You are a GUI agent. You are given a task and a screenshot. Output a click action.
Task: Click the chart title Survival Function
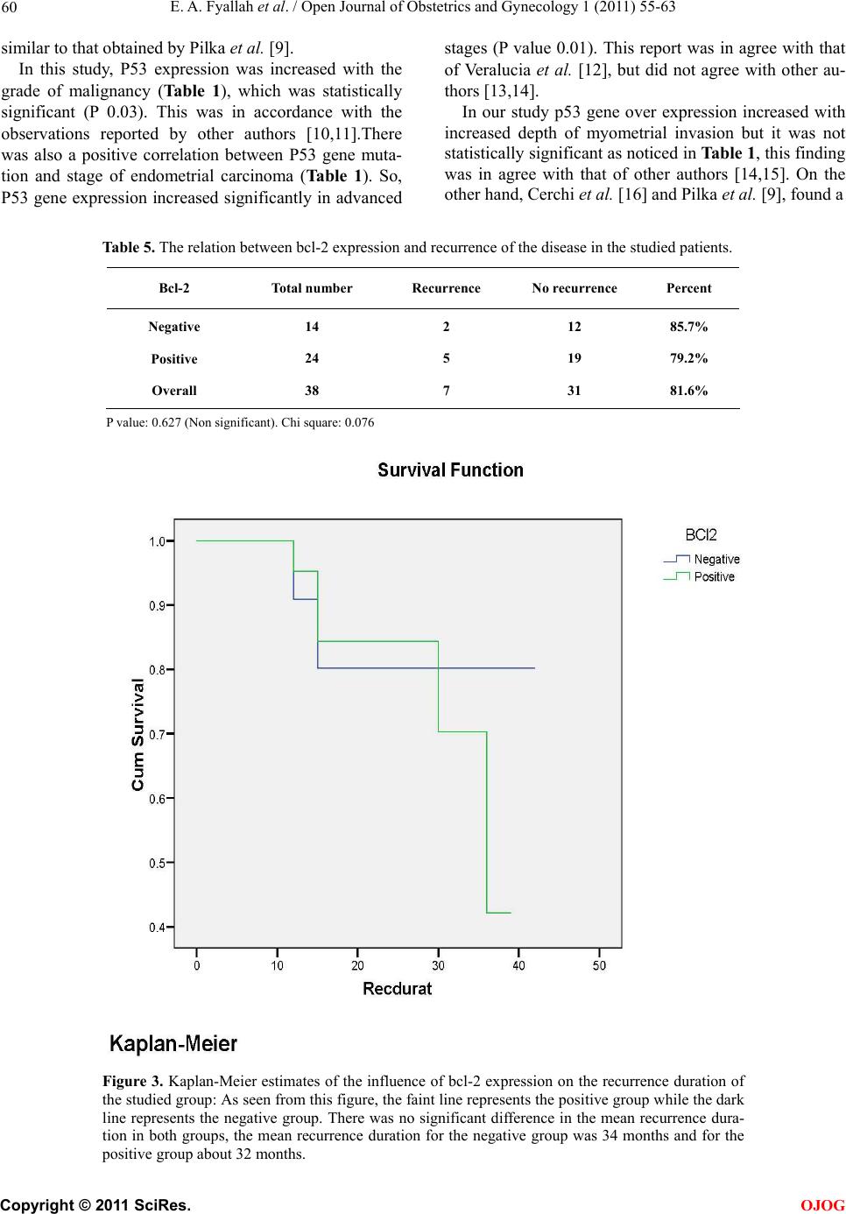(450, 470)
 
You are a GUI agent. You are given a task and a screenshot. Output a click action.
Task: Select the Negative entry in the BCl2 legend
(716, 559)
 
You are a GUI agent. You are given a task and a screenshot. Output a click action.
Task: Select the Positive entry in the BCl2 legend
(714, 576)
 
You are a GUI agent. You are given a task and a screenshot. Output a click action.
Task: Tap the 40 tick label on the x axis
(518, 965)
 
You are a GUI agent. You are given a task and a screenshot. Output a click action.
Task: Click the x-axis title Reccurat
(398, 989)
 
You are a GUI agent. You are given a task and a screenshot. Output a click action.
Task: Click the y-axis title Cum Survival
(137, 735)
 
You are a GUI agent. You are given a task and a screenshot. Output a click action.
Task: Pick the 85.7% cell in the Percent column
(688, 327)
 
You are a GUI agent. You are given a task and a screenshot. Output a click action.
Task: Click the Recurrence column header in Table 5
(446, 288)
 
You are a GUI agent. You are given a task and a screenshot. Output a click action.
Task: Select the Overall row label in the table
(173, 391)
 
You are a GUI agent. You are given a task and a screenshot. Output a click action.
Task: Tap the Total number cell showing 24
(312, 358)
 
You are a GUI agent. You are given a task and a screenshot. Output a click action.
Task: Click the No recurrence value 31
(574, 391)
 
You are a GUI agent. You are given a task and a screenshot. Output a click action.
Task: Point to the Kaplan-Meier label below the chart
(173, 1044)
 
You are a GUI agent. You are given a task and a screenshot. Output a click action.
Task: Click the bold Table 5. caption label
(129, 247)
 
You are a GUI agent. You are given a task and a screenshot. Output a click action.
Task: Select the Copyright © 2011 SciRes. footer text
(95, 1205)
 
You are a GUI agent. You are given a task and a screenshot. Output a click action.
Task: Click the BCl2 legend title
(701, 534)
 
